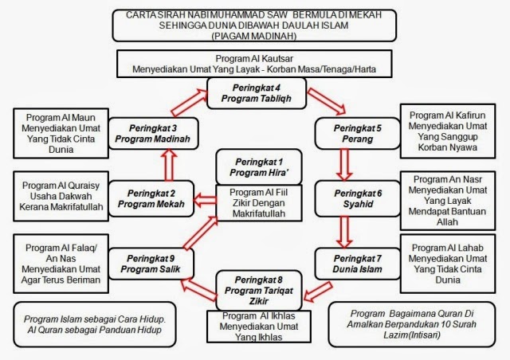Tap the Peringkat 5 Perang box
(346, 132)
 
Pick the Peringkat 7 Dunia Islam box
(346, 263)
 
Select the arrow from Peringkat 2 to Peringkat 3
(169, 166)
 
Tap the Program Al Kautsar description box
(255, 64)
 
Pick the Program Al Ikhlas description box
(255, 325)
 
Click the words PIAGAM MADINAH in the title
(255, 37)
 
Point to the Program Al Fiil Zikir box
(256, 201)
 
